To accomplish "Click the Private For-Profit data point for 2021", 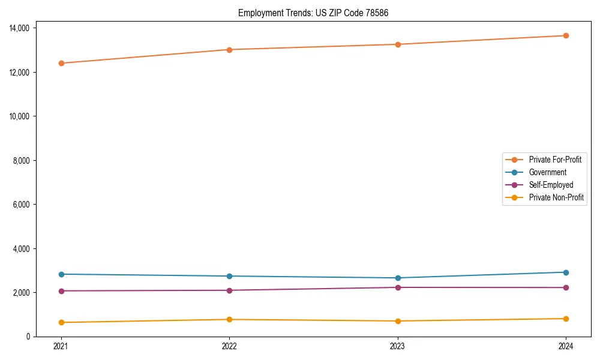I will [x=61, y=63].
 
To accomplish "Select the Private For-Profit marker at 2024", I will [x=566, y=35].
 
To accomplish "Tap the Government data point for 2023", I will [x=398, y=278].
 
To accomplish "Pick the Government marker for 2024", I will [x=566, y=272].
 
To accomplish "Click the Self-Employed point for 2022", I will [x=229, y=290].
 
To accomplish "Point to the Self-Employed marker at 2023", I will [x=398, y=287].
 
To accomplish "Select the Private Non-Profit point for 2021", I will [x=61, y=322].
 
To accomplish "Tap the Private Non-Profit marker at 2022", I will [x=229, y=319].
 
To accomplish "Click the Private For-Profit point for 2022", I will [x=229, y=49].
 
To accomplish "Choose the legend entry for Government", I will [x=547, y=172].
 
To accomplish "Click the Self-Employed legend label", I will [x=551, y=185].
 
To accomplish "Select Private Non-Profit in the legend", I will [x=556, y=197].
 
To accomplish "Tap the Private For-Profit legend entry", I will [x=555, y=160].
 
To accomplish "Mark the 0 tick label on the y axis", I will [x=28, y=337].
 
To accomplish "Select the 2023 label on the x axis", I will [x=398, y=346].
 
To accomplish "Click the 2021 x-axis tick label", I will [x=61, y=346].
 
